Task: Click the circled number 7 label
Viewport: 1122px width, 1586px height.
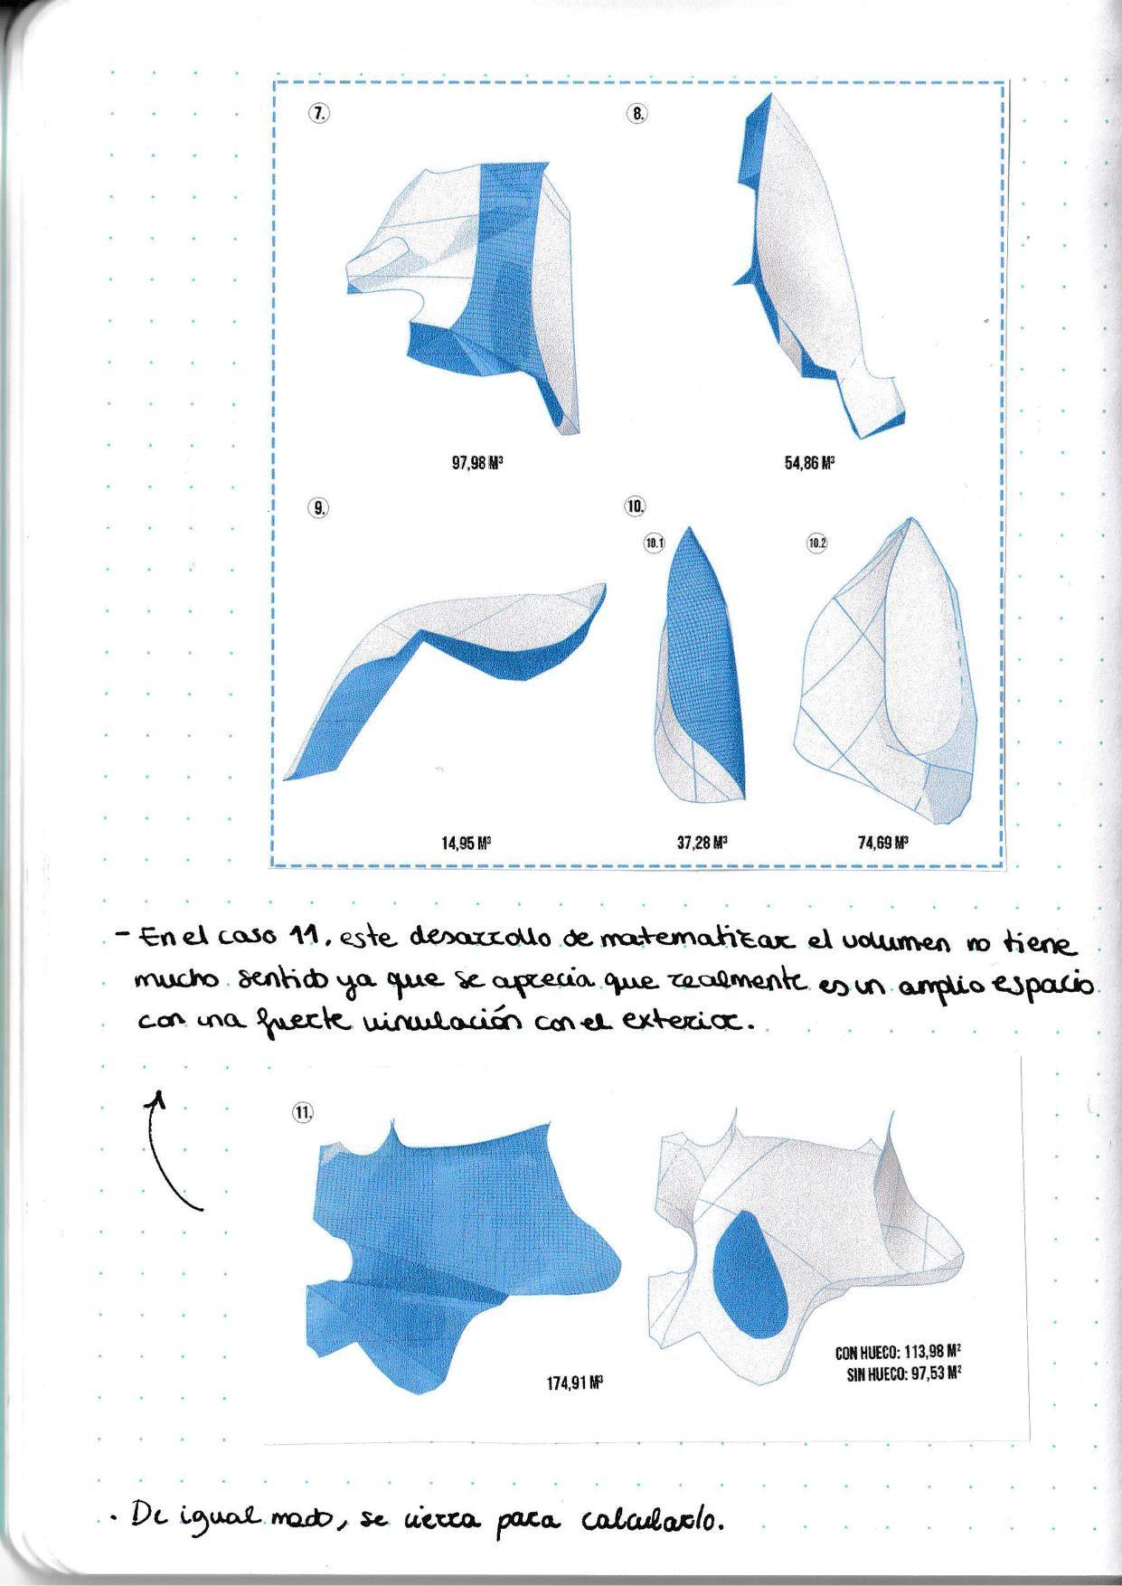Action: click(x=318, y=113)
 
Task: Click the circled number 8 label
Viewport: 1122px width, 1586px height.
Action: click(x=636, y=114)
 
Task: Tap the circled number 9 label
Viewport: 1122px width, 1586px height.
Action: click(x=318, y=507)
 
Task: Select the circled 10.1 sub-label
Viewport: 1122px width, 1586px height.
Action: click(x=654, y=543)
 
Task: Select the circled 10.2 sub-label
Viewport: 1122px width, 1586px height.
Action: click(x=817, y=543)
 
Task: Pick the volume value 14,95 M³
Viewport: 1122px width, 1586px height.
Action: click(x=466, y=844)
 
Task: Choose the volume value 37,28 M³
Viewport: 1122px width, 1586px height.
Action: click(x=702, y=844)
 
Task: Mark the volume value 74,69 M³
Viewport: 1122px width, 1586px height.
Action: click(x=883, y=844)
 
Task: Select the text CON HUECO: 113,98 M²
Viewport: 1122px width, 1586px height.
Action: click(x=898, y=1353)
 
